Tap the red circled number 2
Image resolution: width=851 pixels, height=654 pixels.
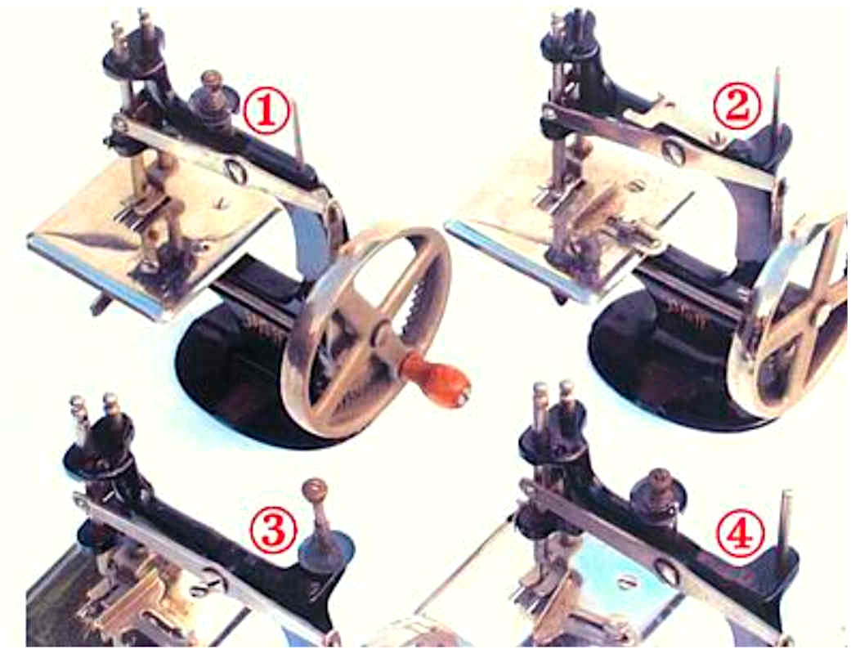tap(736, 105)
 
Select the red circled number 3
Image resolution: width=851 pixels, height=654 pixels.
tap(273, 529)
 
